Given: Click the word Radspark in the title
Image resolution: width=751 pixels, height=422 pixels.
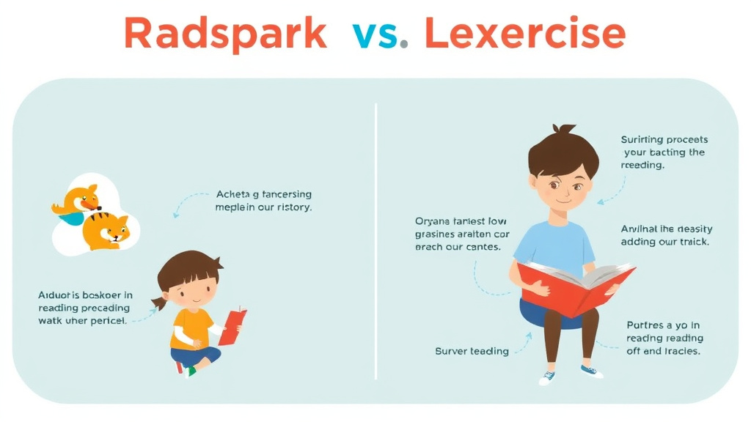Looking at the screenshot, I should (x=225, y=34).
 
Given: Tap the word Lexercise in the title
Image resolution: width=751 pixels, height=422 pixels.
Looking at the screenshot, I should (x=525, y=34).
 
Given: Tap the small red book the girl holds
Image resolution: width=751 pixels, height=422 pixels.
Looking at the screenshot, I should (x=232, y=326).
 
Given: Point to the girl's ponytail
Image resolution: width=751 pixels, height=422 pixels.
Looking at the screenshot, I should (x=159, y=303).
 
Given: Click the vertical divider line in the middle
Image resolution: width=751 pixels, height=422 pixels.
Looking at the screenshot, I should (x=375, y=242).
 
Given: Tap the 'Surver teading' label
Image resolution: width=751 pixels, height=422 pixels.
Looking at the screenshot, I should (x=472, y=351).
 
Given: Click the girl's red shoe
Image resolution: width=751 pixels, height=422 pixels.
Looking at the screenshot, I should (x=179, y=367).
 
